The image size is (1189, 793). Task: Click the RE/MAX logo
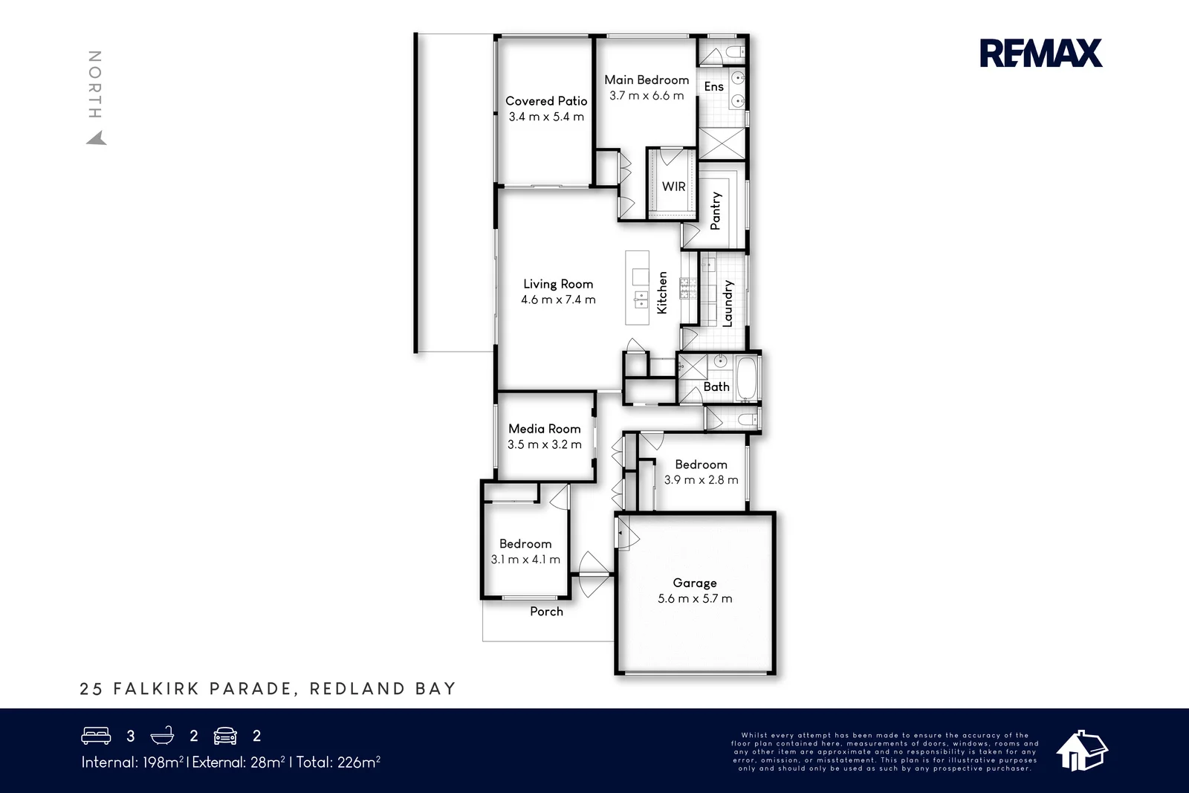point(1041,53)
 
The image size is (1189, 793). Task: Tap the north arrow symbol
point(97,138)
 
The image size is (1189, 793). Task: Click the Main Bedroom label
point(647,80)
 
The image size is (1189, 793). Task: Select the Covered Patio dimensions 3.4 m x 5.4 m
point(546,117)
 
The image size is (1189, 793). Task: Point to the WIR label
point(673,187)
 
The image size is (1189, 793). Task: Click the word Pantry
point(716,211)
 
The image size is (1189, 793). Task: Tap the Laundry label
point(728,303)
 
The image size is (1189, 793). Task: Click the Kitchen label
point(662,293)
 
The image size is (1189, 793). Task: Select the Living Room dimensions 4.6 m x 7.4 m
point(558,300)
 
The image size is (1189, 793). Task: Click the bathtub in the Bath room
point(747,378)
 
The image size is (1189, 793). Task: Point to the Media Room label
point(545,429)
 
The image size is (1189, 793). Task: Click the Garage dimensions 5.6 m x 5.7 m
point(695,599)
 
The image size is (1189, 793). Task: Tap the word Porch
point(546,612)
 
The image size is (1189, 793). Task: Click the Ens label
point(714,86)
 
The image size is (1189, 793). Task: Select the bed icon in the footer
point(96,735)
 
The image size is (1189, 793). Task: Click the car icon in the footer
point(225,736)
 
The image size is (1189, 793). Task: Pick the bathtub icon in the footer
point(163,735)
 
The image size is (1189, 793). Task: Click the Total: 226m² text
point(338,763)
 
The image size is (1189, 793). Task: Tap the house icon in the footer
point(1082,751)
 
